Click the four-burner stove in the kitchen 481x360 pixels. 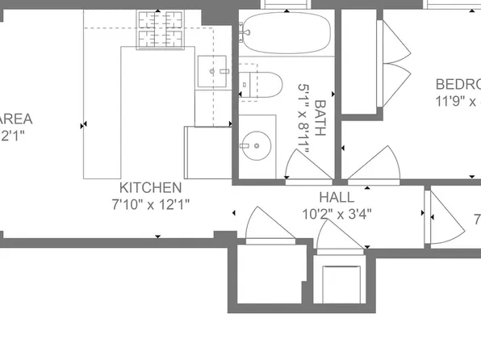coord(160,29)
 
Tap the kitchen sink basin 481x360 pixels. coord(214,72)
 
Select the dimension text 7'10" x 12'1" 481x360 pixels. coord(151,205)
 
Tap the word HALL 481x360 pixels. coord(336,198)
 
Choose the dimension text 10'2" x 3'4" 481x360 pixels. coord(336,215)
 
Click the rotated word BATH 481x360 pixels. coord(320,117)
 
